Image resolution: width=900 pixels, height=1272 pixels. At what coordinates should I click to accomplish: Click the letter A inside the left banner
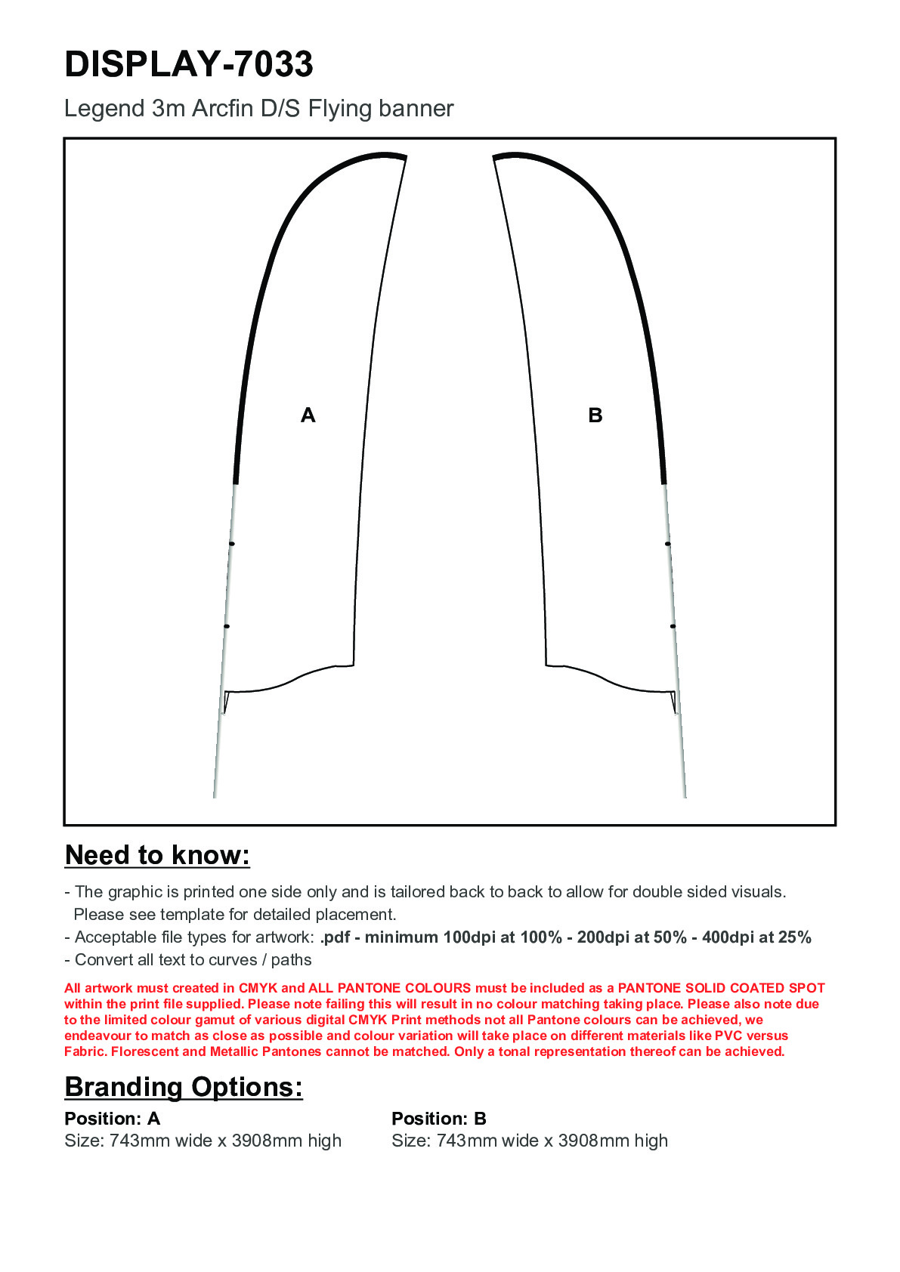[x=308, y=415]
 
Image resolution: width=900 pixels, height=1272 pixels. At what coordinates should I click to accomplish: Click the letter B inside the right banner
[x=595, y=415]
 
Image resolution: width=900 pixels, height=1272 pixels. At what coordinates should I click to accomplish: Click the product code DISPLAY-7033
[x=189, y=64]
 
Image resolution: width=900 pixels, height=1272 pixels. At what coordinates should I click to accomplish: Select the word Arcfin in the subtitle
[x=223, y=109]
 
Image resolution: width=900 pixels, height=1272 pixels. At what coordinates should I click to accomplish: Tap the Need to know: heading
[x=157, y=855]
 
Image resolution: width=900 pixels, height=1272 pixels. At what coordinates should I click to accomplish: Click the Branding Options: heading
[x=184, y=1087]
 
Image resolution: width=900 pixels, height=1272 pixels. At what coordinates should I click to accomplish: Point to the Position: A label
[x=113, y=1119]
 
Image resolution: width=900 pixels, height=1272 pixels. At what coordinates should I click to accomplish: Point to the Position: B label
[x=439, y=1119]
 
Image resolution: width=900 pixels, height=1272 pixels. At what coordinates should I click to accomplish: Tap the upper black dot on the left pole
[x=232, y=544]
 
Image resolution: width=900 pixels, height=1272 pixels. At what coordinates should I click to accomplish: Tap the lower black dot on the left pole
[x=227, y=626]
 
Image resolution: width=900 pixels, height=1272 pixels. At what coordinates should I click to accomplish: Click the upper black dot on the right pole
[x=667, y=544]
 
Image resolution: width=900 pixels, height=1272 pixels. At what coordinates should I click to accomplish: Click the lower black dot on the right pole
[x=673, y=626]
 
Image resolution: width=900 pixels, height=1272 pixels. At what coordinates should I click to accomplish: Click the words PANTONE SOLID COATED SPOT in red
[x=721, y=988]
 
